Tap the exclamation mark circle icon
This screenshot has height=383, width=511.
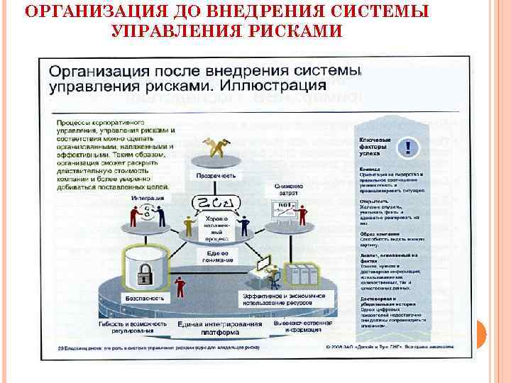click(408, 147)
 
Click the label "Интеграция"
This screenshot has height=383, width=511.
click(145, 197)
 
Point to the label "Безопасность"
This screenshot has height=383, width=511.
click(146, 298)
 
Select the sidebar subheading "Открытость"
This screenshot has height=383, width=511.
click(373, 201)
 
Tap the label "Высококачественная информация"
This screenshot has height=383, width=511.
click(303, 326)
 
